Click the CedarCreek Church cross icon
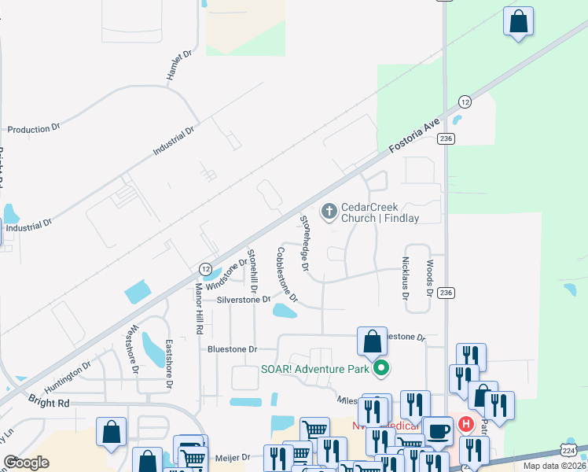click(x=329, y=211)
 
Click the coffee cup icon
click(x=438, y=431)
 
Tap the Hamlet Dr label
click(x=179, y=67)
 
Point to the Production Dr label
click(x=33, y=128)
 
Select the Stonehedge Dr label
click(x=304, y=241)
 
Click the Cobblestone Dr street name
click(x=287, y=275)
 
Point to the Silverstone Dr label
click(x=244, y=300)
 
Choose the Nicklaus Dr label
click(x=406, y=279)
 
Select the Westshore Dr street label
click(x=134, y=348)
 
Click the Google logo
click(x=27, y=463)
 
